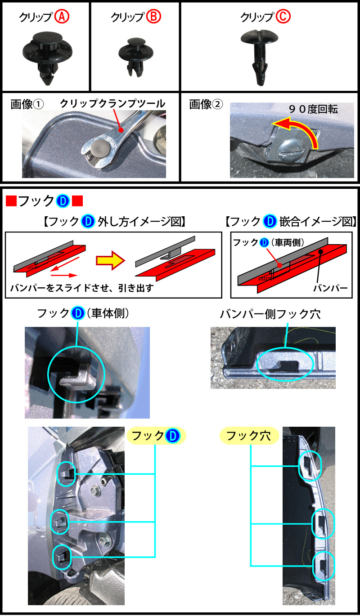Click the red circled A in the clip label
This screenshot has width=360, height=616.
point(62,17)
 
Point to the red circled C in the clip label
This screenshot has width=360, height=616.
point(283,17)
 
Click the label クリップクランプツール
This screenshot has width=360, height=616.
point(112,103)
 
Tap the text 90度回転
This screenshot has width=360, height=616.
point(313,109)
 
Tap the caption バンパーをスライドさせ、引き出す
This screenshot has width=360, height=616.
point(82,288)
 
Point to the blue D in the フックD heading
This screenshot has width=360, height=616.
point(63,201)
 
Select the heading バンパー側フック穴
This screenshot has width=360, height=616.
point(270,314)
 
